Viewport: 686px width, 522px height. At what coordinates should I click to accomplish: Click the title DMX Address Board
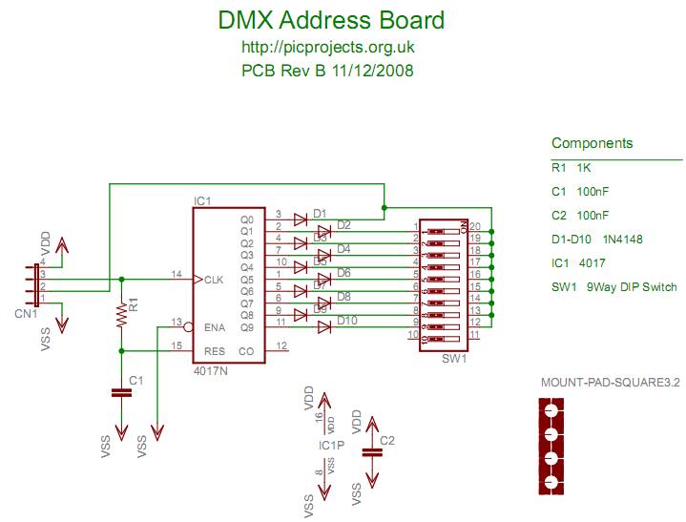(331, 20)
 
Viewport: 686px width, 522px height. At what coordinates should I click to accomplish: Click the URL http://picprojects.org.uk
(328, 47)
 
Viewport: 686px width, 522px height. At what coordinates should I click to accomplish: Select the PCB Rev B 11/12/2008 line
(327, 70)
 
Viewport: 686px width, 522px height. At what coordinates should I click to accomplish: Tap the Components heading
(592, 144)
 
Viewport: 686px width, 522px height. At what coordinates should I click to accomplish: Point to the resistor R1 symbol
(121, 315)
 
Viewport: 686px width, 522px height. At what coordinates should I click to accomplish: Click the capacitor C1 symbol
(121, 391)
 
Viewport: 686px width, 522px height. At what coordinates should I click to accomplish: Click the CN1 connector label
(26, 312)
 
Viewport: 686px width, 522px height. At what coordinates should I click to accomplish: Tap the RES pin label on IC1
(216, 350)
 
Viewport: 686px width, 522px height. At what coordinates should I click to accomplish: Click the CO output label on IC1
(246, 350)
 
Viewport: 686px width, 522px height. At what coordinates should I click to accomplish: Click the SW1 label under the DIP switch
(454, 360)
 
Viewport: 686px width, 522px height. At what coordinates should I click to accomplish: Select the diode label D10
(346, 320)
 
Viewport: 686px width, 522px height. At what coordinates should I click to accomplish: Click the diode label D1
(320, 213)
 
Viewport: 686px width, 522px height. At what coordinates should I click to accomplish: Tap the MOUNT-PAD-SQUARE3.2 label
(610, 384)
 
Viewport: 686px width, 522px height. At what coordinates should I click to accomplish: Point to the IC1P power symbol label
(332, 446)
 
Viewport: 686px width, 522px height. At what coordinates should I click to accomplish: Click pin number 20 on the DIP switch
(473, 226)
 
